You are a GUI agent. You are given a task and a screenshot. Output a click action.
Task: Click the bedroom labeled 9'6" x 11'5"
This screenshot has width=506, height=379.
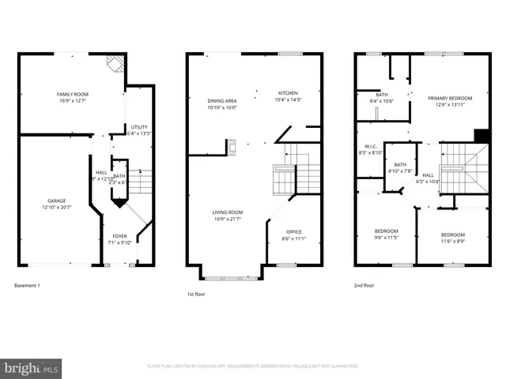pos(387,234)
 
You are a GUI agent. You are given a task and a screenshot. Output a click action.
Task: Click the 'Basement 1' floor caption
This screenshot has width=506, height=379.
pos(27,285)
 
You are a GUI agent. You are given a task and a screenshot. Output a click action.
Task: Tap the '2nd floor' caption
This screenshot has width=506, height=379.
pos(364,285)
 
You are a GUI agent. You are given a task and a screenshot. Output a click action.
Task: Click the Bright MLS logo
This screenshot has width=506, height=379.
pos(32,368)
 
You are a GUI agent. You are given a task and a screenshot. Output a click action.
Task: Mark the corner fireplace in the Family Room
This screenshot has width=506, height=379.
pos(115,64)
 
